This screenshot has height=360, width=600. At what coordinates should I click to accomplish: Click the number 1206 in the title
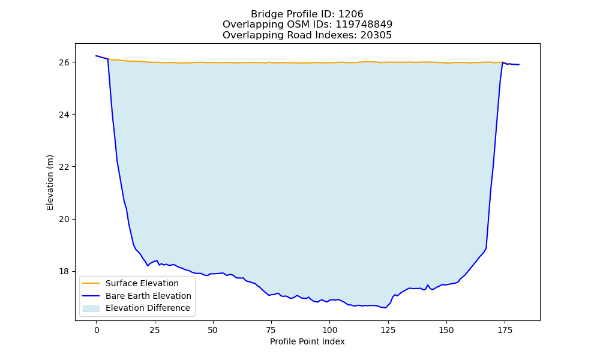click(351, 14)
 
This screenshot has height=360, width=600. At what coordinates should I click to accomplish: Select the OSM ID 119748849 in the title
click(364, 25)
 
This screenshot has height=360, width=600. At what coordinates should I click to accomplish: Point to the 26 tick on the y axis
click(64, 62)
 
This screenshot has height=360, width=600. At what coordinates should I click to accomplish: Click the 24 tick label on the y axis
click(64, 115)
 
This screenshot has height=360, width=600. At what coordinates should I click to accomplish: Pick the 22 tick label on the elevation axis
click(64, 167)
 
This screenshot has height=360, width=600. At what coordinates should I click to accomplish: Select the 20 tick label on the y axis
click(64, 219)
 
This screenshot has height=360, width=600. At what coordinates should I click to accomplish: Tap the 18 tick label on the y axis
click(64, 272)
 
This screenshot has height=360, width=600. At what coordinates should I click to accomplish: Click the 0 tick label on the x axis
click(97, 330)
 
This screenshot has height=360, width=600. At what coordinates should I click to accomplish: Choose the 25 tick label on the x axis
click(155, 330)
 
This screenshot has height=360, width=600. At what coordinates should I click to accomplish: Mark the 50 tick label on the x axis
click(213, 330)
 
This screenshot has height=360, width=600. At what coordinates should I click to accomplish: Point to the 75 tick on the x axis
click(271, 330)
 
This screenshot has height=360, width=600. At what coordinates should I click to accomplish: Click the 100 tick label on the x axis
click(329, 330)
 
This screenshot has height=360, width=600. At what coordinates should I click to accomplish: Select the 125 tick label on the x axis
click(388, 330)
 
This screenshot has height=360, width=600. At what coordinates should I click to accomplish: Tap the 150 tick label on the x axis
click(446, 330)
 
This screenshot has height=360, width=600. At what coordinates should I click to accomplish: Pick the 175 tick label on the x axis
click(505, 330)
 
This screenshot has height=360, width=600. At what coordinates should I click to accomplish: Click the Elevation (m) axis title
click(50, 182)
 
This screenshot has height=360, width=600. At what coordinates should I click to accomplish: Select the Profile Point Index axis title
click(307, 341)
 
